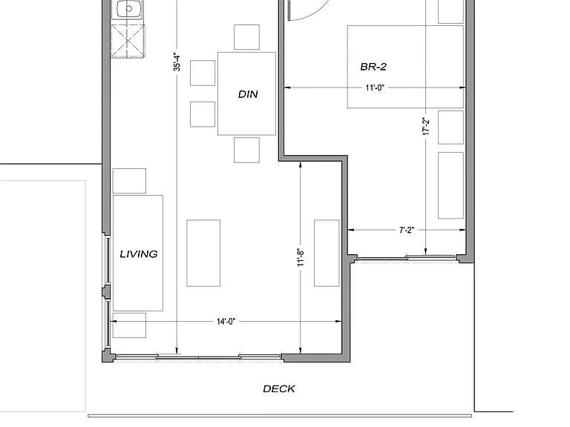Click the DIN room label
[248, 94]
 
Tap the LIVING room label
[139, 254]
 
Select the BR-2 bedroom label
[373, 67]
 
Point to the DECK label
[279, 389]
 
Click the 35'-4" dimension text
[177, 62]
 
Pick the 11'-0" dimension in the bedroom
[375, 88]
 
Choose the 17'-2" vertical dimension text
[426, 126]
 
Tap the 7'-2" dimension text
[407, 231]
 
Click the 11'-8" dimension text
[301, 257]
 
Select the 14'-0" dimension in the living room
[226, 322]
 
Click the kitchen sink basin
[128, 9]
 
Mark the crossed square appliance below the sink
[128, 41]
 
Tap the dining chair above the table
[247, 37]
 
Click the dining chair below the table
[247, 150]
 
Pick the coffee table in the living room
[203, 253]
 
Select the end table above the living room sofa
[129, 181]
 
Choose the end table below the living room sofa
[129, 325]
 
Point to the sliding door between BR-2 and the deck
[407, 258]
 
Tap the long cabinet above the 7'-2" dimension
[451, 185]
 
